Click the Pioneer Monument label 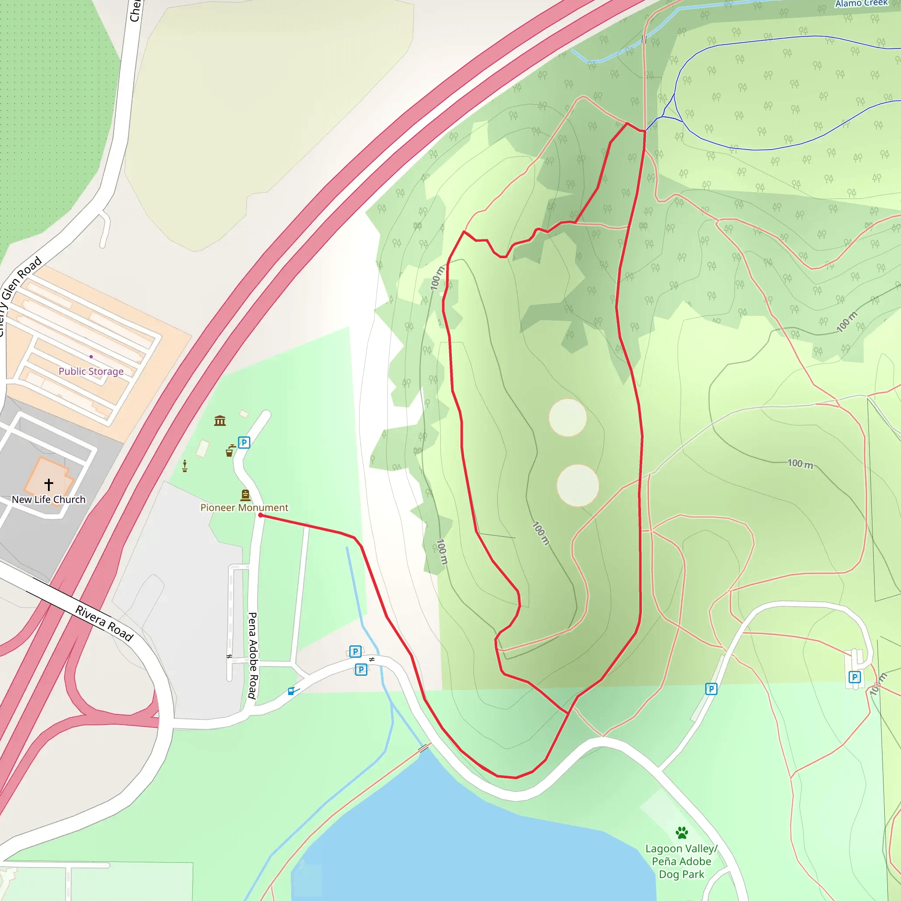coord(244,507)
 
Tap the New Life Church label coord(48,499)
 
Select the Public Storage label coord(91,371)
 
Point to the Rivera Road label coord(104,623)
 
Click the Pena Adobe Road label coord(252,655)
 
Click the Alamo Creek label coord(861,4)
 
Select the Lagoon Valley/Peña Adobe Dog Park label coord(681,861)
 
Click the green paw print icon coord(682,832)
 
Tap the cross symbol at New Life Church coord(48,484)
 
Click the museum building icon coord(220,421)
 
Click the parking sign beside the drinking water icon coord(244,442)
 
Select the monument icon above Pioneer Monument coord(245,495)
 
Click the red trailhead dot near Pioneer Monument coord(260,515)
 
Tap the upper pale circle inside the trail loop coord(568,418)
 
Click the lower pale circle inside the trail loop coord(578,486)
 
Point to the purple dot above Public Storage coord(91,356)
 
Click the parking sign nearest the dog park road coord(711,689)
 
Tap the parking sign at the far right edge coord(854,677)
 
